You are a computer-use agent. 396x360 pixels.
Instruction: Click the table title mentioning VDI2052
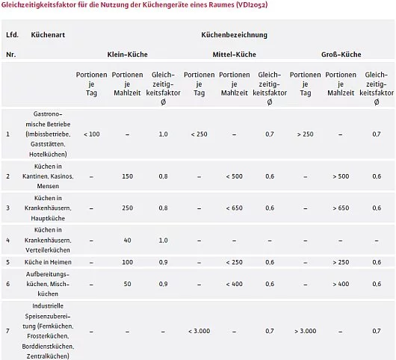pos(134,6)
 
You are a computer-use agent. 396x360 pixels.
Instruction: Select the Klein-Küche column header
pos(126,55)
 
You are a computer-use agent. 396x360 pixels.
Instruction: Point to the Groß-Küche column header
pos(341,55)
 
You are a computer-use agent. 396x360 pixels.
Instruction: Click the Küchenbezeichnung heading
pos(234,34)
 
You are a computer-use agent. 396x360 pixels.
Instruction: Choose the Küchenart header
pos(47,34)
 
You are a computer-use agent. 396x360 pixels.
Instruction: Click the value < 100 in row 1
pos(92,134)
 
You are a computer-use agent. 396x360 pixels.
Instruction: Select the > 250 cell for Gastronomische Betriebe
pos(304,134)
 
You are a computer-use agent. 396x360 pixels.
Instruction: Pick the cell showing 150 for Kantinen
pos(127,176)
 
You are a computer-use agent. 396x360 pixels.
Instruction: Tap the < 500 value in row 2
pos(234,176)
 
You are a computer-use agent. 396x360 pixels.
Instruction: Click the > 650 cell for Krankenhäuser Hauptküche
pos(341,208)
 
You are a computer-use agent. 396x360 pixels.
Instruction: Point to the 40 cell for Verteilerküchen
pos(127,240)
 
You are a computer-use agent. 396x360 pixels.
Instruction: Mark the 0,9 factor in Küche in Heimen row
pos(163,262)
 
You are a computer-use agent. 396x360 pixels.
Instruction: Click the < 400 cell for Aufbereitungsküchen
pos(234,284)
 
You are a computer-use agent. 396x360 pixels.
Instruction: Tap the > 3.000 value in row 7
pos(306,330)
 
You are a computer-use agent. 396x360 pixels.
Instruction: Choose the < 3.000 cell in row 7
pos(199,330)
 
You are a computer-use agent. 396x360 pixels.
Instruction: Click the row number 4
pos(8,240)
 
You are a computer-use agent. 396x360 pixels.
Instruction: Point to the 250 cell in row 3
pos(127,208)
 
